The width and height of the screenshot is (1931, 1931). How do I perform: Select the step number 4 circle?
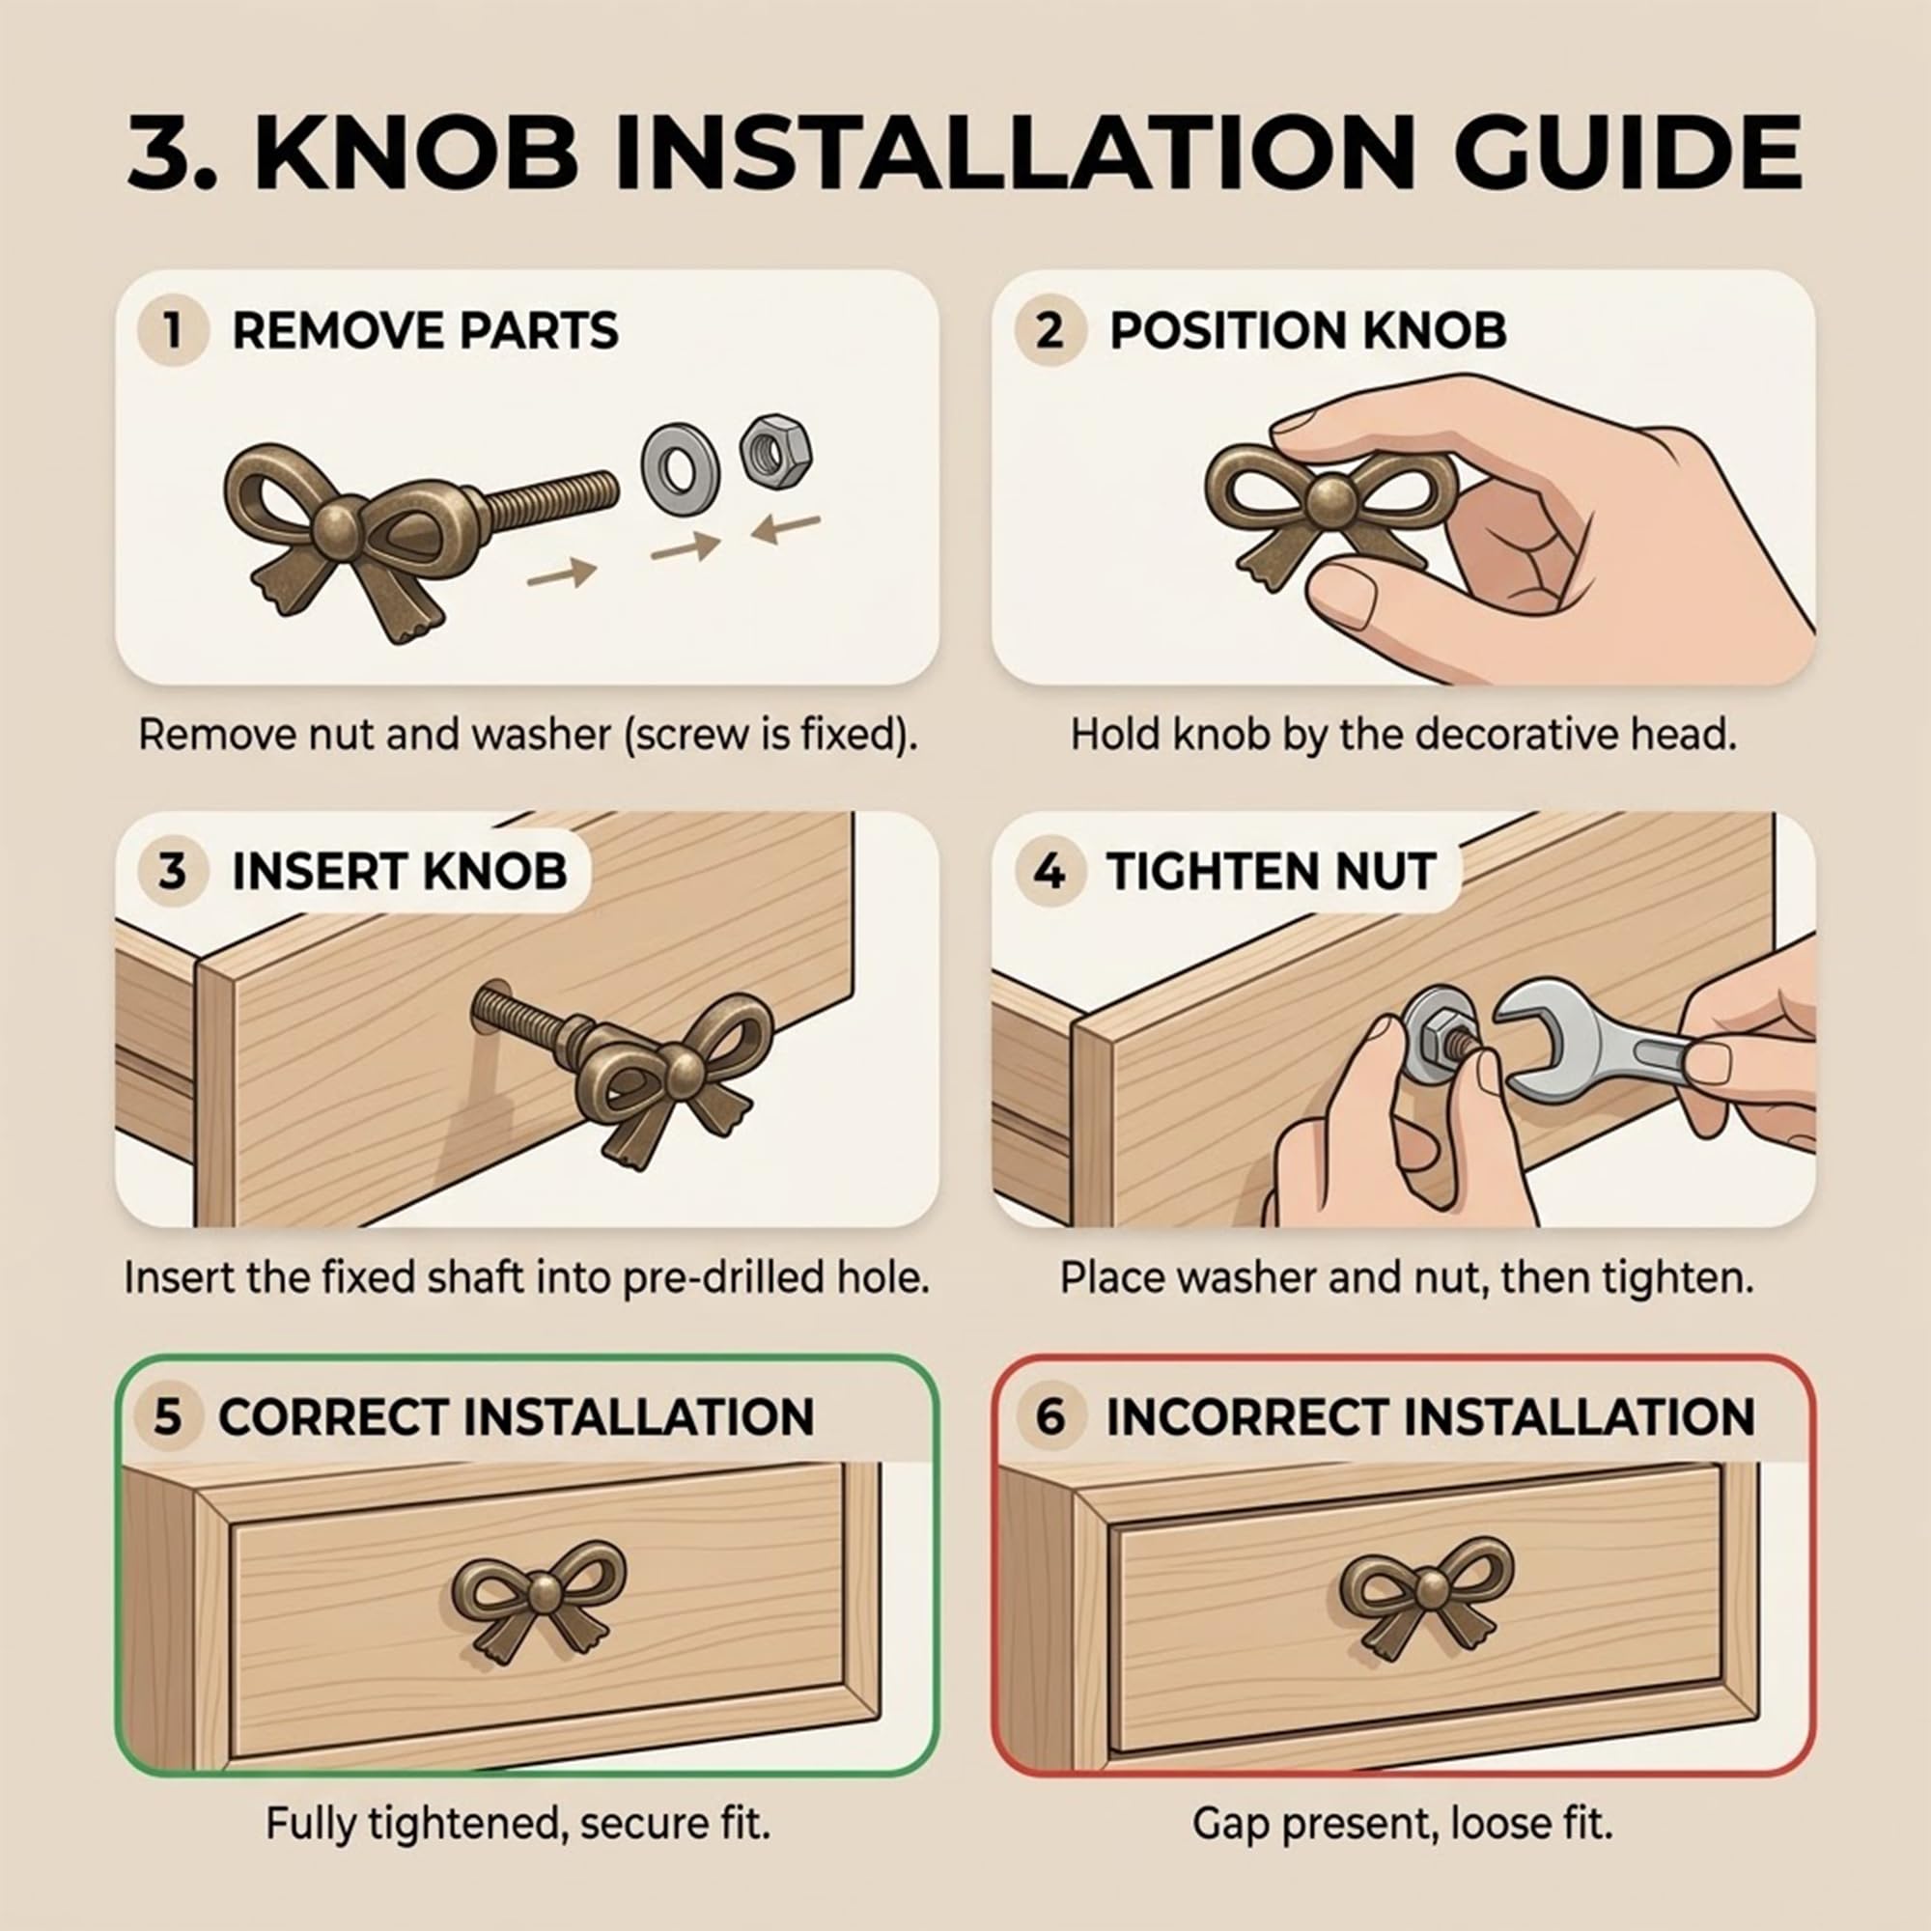pyautogui.click(x=1049, y=872)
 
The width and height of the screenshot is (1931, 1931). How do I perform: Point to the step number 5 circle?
pyautogui.click(x=167, y=1416)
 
